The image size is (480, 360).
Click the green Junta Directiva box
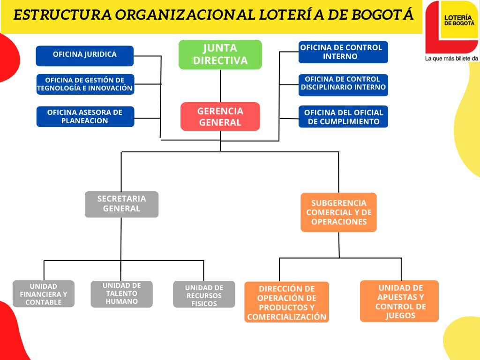tap(220, 54)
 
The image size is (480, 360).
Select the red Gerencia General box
tap(220, 116)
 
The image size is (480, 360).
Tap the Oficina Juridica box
tap(85, 56)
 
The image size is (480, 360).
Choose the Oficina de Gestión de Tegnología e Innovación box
tap(85, 84)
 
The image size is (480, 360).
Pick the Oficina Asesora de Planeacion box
tap(85, 116)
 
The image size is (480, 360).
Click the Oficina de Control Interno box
tap(343, 52)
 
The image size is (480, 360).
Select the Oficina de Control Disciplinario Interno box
tap(343, 85)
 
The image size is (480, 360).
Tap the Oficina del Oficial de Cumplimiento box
tap(343, 116)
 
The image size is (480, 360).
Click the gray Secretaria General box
tap(121, 204)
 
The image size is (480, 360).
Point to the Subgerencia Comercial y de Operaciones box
tap(338, 212)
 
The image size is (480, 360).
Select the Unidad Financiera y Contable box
tap(44, 293)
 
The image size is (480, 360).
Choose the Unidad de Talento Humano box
tap(121, 294)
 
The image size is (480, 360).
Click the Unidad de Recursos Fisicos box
tap(204, 294)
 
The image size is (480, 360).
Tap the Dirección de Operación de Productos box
tap(286, 302)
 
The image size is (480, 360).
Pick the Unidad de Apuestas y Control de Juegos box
tap(399, 301)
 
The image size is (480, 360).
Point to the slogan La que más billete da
tap(451, 58)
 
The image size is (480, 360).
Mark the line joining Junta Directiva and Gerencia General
tap(220, 86)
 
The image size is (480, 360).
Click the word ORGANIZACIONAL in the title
tap(185, 15)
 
